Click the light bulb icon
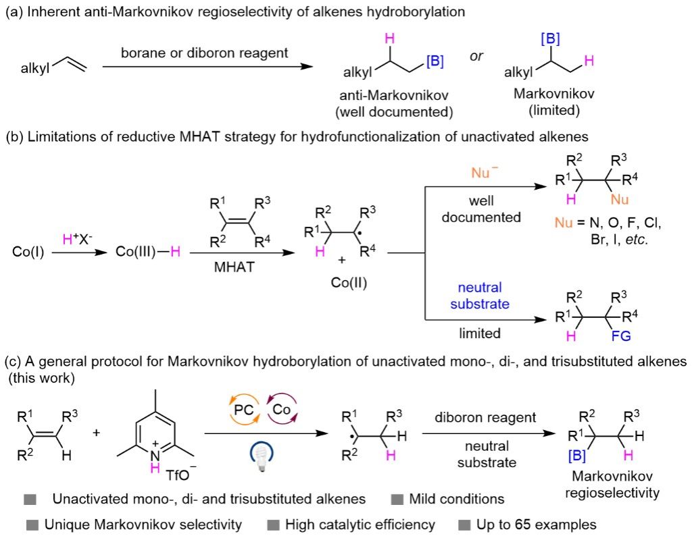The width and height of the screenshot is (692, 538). click(262, 456)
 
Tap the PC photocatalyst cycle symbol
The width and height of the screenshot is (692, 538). click(244, 410)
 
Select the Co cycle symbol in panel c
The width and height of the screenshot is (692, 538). click(282, 409)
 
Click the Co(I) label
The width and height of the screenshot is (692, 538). click(28, 252)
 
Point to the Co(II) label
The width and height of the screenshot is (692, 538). click(349, 282)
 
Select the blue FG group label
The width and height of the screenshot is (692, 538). click(621, 336)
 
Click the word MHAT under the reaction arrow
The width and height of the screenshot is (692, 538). click(234, 267)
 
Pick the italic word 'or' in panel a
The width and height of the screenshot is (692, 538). click(476, 56)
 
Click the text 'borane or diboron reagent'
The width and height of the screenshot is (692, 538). click(204, 53)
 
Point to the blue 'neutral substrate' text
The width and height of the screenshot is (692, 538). click(480, 296)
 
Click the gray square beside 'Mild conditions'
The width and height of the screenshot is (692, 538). click(397, 500)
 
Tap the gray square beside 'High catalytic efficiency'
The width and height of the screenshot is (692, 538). click(274, 524)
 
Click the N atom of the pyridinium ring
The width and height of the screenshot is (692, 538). click(155, 455)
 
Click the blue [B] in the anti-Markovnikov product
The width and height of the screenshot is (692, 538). click(435, 61)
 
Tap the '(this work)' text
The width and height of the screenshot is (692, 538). click(42, 378)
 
